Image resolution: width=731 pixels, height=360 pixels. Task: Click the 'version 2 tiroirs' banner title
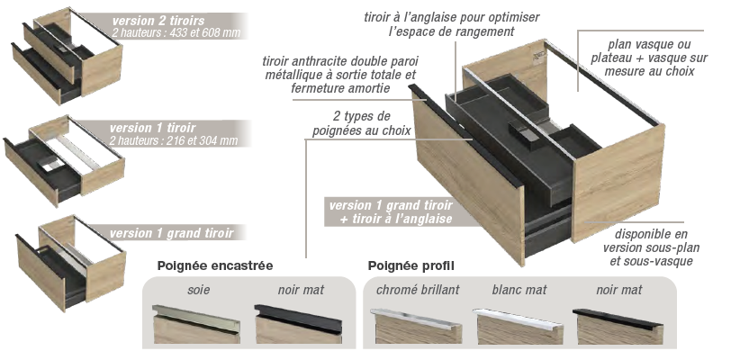pyautogui.click(x=158, y=21)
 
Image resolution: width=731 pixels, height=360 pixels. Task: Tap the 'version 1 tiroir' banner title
pyautogui.click(x=152, y=128)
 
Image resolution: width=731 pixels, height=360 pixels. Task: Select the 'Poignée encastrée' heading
pyautogui.click(x=215, y=265)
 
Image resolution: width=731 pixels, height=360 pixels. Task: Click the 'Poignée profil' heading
pyautogui.click(x=411, y=265)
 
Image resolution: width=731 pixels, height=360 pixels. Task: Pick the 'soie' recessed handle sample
pyautogui.click(x=196, y=324)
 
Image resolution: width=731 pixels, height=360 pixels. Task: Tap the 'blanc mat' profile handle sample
pyautogui.click(x=518, y=326)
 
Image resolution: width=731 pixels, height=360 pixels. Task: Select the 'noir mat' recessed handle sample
pyautogui.click(x=298, y=324)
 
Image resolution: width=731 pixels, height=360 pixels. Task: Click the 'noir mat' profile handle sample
pyautogui.click(x=618, y=326)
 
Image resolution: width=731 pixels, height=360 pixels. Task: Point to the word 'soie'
pyautogui.click(x=199, y=290)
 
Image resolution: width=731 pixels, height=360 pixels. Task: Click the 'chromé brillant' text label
pyautogui.click(x=418, y=290)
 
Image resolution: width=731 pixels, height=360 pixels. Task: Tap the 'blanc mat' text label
pyautogui.click(x=519, y=290)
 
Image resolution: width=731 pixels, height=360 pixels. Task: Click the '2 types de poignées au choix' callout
pyautogui.click(x=362, y=123)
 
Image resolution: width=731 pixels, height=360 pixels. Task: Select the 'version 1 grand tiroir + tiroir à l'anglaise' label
pyautogui.click(x=391, y=211)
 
